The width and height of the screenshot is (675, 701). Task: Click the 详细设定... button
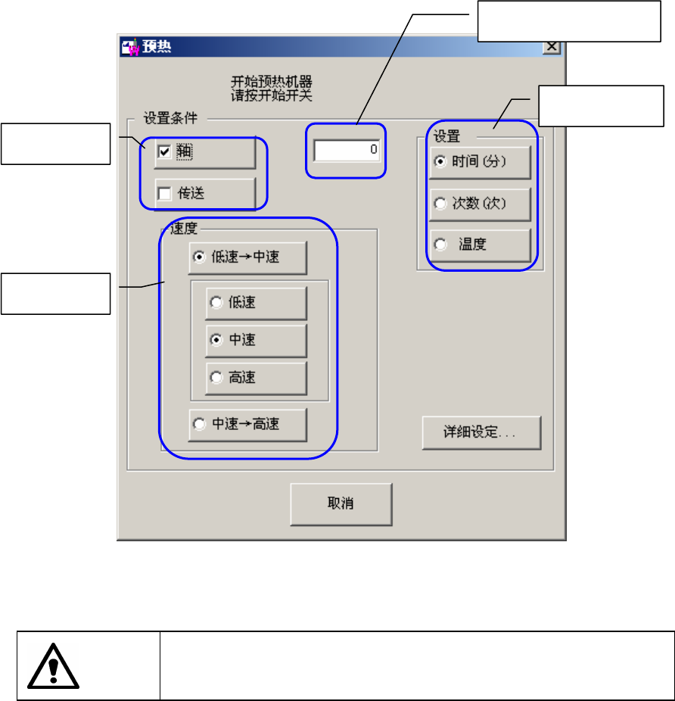[481, 433]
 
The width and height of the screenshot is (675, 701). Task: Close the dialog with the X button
[552, 46]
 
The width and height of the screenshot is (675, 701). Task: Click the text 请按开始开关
[272, 95]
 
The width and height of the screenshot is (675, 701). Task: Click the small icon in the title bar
[131, 47]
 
